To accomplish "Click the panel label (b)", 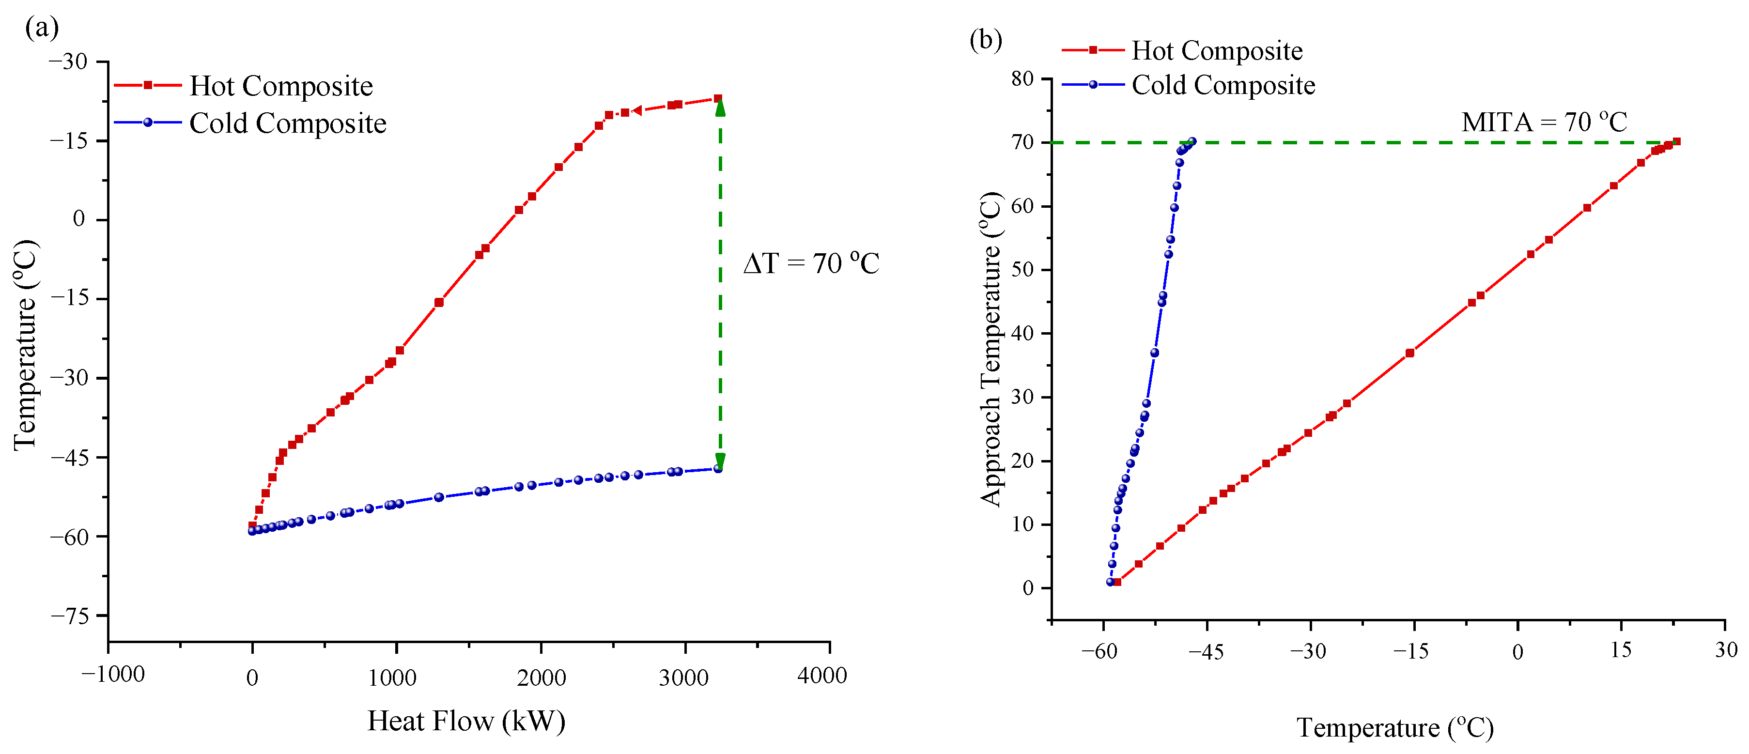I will tap(985, 40).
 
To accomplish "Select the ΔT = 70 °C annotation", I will tap(811, 263).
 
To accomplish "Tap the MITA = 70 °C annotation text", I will tap(1544, 122).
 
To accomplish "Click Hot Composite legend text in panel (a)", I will tap(281, 86).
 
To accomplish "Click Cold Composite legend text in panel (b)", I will tap(1223, 86).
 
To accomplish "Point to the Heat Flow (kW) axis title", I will tap(466, 721).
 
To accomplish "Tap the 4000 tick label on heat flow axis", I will tap(821, 675).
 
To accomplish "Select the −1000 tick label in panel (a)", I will tap(113, 675).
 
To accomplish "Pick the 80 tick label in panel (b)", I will tap(1022, 79).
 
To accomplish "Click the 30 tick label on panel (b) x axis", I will tap(1725, 650).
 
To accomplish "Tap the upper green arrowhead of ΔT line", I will tap(720, 107).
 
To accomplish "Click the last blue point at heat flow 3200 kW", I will tap(718, 469).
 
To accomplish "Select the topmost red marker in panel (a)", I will tap(718, 98).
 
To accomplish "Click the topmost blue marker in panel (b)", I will tap(1192, 141).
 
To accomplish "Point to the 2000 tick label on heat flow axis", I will tap(541, 677).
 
